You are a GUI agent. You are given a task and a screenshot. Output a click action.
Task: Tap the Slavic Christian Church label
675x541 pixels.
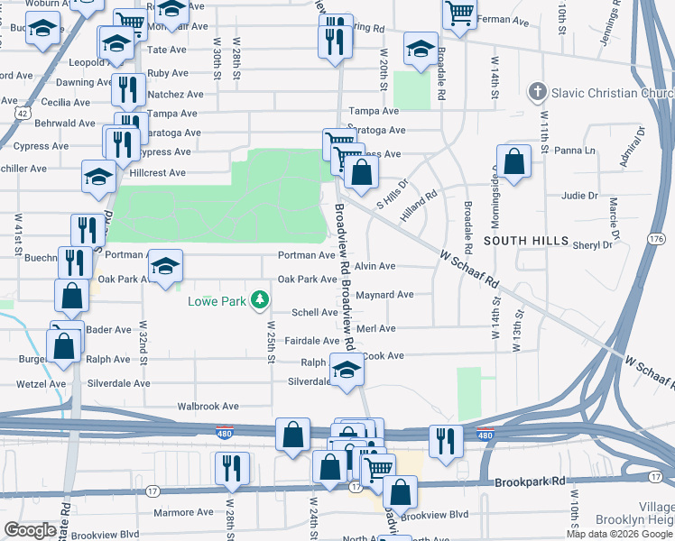611,93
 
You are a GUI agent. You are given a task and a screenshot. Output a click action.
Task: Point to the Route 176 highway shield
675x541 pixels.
656,239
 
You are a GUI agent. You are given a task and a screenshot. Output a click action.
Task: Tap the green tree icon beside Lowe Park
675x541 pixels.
260,298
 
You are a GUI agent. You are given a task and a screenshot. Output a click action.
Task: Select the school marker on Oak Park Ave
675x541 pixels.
165,266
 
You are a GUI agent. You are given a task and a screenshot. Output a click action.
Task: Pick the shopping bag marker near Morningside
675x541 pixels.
513,162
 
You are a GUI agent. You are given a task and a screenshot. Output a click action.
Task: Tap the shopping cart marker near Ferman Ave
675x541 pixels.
460,14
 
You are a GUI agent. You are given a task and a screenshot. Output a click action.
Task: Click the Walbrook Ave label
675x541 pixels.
208,407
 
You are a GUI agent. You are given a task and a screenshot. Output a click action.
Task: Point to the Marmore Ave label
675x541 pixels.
183,512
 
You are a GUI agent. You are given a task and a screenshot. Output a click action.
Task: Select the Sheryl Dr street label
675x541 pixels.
594,245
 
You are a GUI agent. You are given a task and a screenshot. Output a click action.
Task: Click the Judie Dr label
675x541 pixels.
579,195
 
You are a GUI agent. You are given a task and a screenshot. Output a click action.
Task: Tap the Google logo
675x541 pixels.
30,530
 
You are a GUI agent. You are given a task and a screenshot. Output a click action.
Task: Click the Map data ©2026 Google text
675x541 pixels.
619,534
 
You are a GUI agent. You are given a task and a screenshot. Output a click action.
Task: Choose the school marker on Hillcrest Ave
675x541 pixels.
97,177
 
